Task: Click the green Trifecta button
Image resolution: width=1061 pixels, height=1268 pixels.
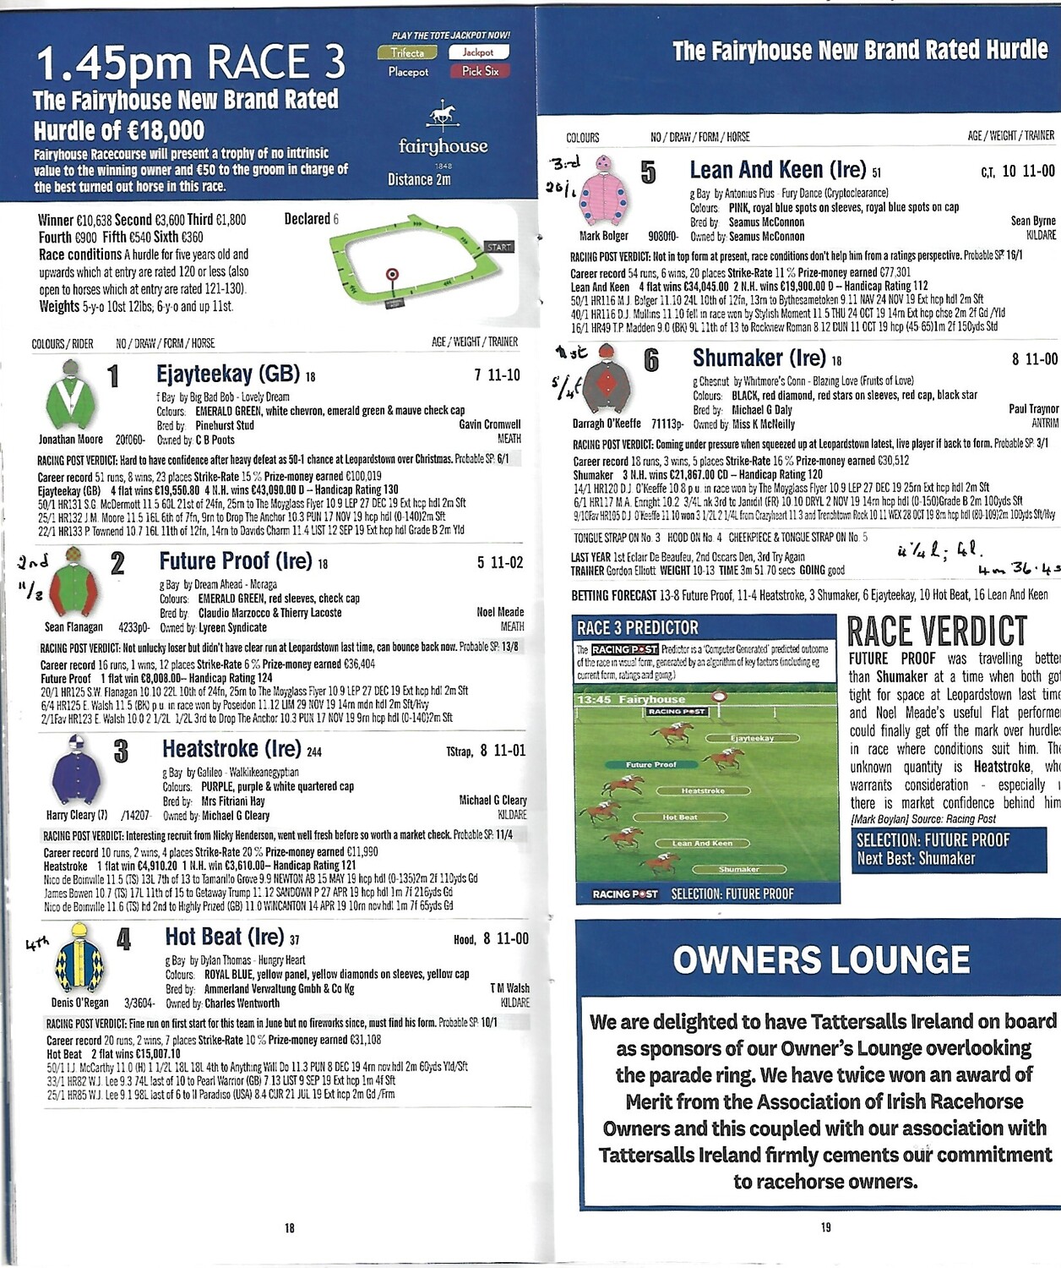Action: pyautogui.click(x=407, y=52)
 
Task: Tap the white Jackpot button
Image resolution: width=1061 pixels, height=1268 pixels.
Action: pyautogui.click(x=478, y=52)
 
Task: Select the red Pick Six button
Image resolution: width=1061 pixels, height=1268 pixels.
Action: pyautogui.click(x=480, y=72)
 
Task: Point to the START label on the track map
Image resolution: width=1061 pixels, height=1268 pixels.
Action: pyautogui.click(x=498, y=247)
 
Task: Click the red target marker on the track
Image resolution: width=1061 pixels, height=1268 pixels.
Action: pyautogui.click(x=392, y=274)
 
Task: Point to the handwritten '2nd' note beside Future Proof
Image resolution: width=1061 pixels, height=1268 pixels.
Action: pyautogui.click(x=33, y=562)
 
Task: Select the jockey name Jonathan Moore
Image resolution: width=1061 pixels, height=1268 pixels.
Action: pyautogui.click(x=71, y=440)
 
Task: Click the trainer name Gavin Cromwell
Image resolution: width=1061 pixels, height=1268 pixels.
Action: pyautogui.click(x=490, y=424)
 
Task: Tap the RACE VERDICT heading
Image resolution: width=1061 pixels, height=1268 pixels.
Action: pyautogui.click(x=937, y=631)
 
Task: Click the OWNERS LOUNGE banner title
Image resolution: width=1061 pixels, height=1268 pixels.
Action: pyautogui.click(x=821, y=959)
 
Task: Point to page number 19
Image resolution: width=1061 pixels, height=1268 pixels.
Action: pyautogui.click(x=825, y=1227)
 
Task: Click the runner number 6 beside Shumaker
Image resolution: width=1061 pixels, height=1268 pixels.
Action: pyautogui.click(x=651, y=361)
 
